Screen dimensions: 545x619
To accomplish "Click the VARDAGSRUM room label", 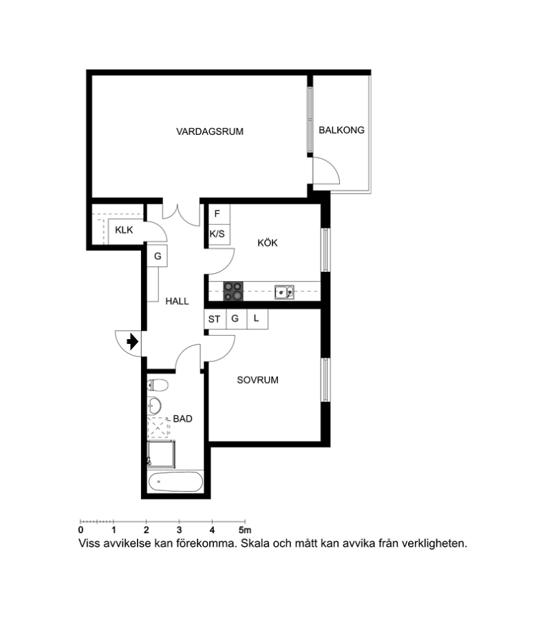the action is (210, 131).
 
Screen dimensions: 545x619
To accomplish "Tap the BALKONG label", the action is (341, 130).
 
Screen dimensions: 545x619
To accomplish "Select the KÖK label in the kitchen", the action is (268, 242).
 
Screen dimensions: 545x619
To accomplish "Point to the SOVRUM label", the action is (257, 380).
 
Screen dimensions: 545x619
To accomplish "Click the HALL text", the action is (177, 301).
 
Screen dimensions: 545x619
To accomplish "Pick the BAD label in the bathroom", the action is (182, 418).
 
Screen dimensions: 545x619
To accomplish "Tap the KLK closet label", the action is (124, 230).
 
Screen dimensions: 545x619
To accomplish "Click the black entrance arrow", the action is (132, 341).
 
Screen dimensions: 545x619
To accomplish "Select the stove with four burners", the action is (233, 292).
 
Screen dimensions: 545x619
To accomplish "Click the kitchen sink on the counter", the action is (284, 292).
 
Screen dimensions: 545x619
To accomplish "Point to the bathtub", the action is (175, 481).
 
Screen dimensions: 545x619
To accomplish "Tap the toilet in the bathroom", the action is (158, 384).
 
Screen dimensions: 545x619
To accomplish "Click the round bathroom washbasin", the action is (154, 405).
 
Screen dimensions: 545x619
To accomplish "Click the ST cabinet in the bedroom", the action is (215, 318).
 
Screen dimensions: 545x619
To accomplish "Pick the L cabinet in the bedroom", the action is (257, 318).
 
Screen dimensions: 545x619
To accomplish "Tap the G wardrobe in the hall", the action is (158, 256).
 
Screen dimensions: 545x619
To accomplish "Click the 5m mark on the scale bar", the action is (245, 530).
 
